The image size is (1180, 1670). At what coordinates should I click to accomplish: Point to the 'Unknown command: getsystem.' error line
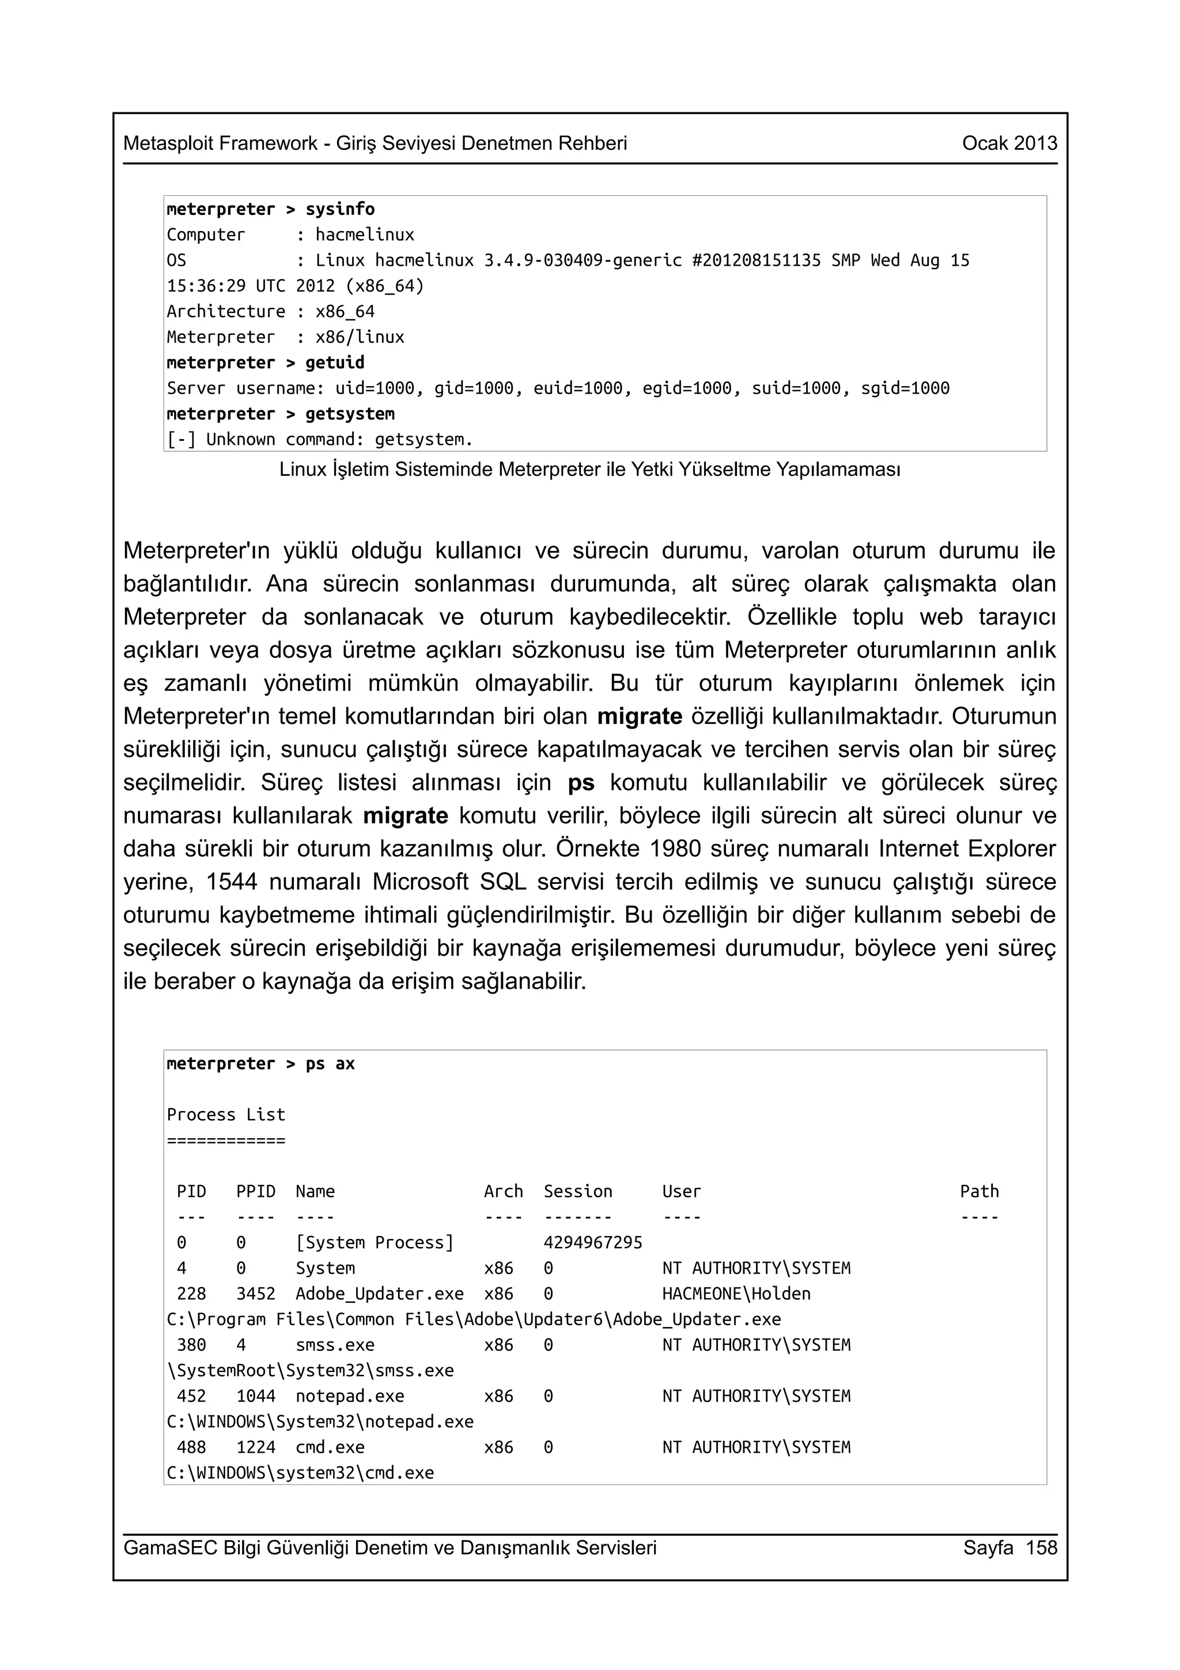[320, 439]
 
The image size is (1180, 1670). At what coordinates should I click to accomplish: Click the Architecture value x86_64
[345, 312]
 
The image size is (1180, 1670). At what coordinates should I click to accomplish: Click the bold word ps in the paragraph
[581, 783]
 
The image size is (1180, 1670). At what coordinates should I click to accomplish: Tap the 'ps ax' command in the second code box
[330, 1064]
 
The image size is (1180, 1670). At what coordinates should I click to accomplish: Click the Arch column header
[503, 1191]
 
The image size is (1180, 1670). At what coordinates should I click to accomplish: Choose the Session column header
[578, 1191]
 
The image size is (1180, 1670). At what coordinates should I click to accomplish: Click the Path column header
[979, 1191]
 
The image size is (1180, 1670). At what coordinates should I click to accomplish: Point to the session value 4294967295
[592, 1243]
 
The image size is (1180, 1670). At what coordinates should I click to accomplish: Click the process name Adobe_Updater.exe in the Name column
[380, 1294]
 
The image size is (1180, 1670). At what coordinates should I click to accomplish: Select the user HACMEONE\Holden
[736, 1294]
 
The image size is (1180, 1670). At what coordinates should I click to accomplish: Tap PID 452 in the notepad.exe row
[191, 1396]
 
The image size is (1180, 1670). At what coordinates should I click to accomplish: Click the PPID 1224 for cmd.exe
[256, 1448]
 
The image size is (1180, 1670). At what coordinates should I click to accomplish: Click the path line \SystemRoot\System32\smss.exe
[311, 1371]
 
